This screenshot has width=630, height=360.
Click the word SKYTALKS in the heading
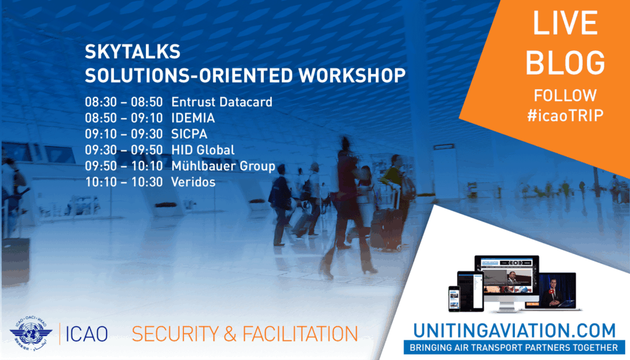tap(133, 52)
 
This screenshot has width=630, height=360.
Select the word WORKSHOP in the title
tap(352, 75)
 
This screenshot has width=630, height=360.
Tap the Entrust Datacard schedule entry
tap(221, 102)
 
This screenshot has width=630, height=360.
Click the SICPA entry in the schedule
tap(189, 134)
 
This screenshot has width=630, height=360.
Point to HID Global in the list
tap(203, 150)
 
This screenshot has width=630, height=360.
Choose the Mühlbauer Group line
tap(223, 166)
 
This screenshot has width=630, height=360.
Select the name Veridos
tap(193, 182)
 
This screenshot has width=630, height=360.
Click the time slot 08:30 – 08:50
tap(124, 102)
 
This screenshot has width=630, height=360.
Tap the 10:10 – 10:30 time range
tap(124, 182)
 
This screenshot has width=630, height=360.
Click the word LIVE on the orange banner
tap(565, 23)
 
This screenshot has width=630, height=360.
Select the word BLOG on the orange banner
tap(565, 62)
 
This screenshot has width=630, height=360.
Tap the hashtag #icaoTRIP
tap(565, 116)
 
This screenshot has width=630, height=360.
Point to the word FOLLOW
tap(565, 95)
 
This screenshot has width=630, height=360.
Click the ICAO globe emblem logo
tap(31, 333)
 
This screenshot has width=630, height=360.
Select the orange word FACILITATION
tap(300, 334)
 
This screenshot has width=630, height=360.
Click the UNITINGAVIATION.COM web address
tap(515, 330)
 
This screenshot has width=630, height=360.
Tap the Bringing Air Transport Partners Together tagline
tap(514, 348)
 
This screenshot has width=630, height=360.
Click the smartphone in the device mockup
tap(454, 299)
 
